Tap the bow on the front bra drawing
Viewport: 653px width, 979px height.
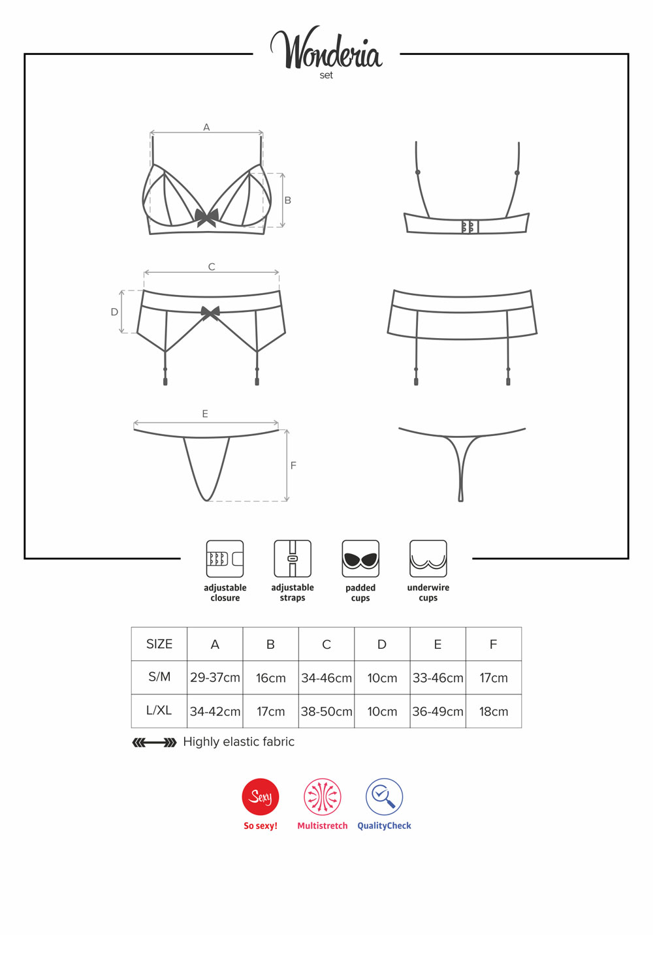tap(206, 217)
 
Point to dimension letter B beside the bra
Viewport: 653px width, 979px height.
tap(288, 200)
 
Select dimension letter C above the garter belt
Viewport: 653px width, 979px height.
tap(212, 266)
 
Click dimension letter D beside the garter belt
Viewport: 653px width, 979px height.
tap(114, 312)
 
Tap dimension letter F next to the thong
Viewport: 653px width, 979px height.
tap(293, 466)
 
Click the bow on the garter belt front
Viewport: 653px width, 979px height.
tap(210, 313)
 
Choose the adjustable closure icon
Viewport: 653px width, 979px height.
tap(225, 559)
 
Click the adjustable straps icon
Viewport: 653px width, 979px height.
tap(293, 559)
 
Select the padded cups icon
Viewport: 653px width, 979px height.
tap(360, 559)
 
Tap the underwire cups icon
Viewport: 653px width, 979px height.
tap(428, 559)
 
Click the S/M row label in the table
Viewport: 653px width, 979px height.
tap(159, 677)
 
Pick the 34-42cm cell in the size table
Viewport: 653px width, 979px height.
tap(215, 711)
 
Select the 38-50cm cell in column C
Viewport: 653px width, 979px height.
tap(326, 711)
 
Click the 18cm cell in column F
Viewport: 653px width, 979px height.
tap(494, 711)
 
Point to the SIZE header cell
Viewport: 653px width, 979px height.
tap(159, 644)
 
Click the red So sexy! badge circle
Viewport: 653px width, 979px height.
tap(261, 796)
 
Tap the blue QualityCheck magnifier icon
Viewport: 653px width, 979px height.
tap(384, 796)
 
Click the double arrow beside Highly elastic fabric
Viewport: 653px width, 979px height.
tap(154, 742)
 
